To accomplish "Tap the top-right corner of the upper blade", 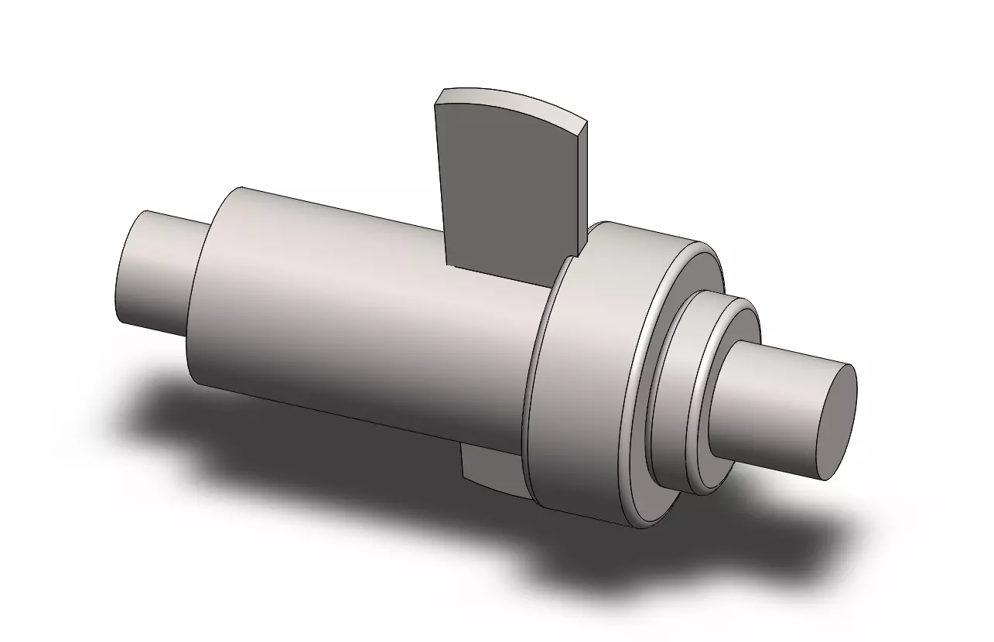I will click(586, 123).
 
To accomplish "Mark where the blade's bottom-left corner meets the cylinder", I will click(447, 264).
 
